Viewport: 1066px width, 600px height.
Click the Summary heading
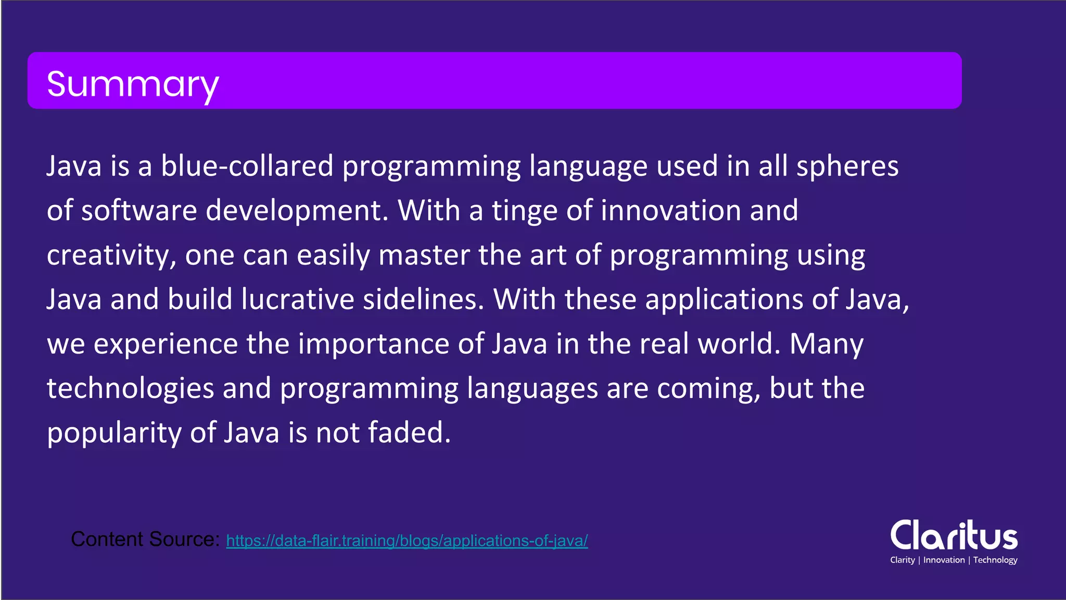point(133,84)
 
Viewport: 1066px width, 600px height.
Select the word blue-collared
point(247,166)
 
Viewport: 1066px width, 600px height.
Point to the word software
point(139,210)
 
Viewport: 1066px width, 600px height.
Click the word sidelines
point(423,299)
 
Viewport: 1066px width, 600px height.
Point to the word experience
point(166,345)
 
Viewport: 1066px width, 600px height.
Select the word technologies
point(130,389)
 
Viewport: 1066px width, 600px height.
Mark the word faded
point(409,432)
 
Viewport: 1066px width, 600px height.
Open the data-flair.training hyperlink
point(407,541)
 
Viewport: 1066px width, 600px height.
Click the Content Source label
point(145,540)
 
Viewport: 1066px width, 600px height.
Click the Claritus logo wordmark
point(954,535)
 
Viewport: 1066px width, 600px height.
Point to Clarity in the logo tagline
point(902,560)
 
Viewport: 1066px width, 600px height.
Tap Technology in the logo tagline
point(995,560)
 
